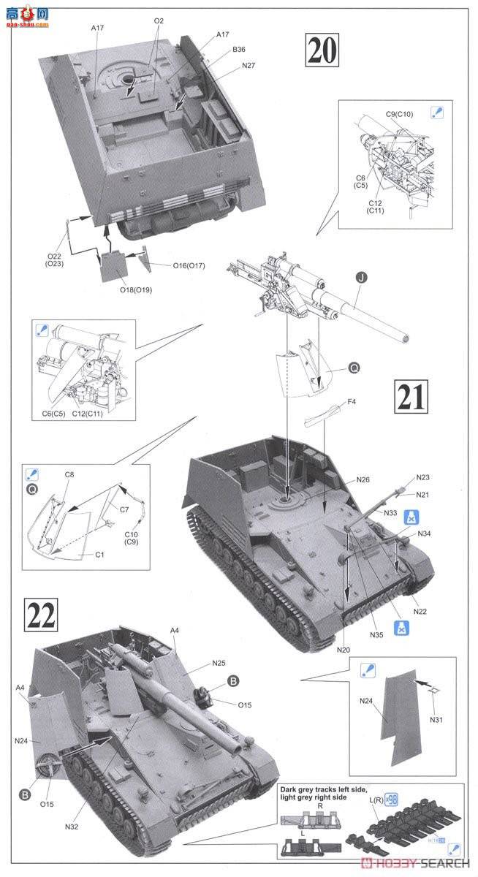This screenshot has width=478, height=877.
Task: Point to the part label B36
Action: tap(239, 50)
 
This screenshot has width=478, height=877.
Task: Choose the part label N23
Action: tap(423, 477)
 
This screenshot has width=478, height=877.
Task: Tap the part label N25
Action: tap(219, 664)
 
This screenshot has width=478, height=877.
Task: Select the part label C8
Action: tap(69, 474)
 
